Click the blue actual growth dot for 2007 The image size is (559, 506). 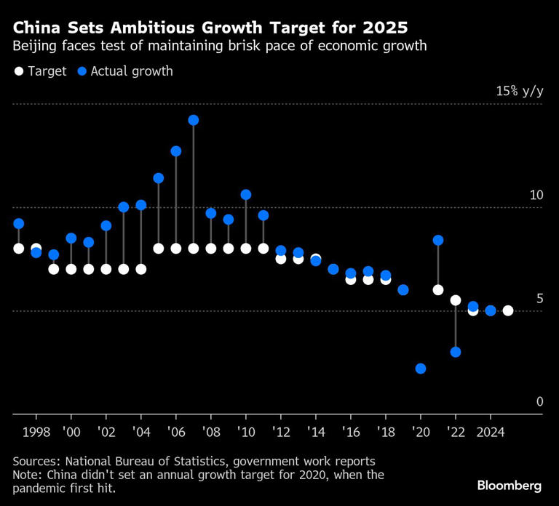point(194,120)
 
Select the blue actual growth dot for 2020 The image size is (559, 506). point(421,369)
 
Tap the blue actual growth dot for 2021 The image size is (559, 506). point(438,241)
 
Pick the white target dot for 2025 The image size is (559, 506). point(508,310)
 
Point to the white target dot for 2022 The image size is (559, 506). point(456,300)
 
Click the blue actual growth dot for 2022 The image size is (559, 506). point(456,352)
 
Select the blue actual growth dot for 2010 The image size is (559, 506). point(246,195)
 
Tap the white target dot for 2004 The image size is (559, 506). point(141,269)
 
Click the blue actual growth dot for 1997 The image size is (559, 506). point(19,224)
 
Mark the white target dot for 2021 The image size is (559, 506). point(438,290)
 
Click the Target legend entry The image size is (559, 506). point(40,71)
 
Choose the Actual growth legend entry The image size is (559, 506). point(124,71)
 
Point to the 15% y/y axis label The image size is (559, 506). point(519,91)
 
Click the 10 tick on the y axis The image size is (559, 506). point(536,195)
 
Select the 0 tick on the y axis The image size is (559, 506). point(539,401)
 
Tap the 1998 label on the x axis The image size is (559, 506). point(36,431)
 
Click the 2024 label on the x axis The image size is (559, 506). point(491,431)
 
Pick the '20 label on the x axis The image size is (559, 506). point(421,431)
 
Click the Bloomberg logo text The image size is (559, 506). point(509,485)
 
